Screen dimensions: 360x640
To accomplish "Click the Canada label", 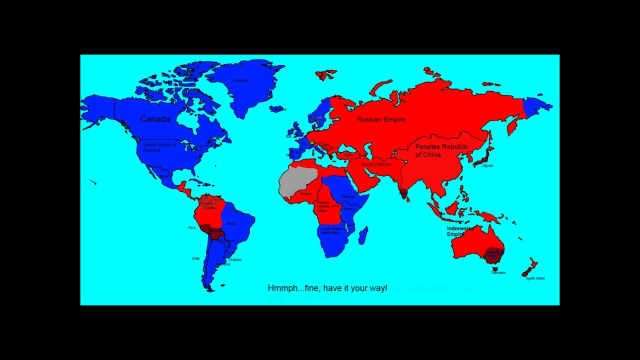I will coord(155,119).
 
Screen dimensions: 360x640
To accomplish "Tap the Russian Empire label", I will coord(381,119).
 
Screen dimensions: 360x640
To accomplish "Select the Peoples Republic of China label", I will coord(441,150).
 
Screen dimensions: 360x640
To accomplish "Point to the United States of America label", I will coord(159,147).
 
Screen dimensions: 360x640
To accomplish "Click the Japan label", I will coord(487,165).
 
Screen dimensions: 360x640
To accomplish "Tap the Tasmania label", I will coord(498,273).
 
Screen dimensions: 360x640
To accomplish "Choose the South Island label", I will coord(535,278).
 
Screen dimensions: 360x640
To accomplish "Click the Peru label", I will coord(192,227).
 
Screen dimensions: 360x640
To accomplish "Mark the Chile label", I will coord(195,258).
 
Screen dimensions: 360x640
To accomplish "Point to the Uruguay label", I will coord(235,259).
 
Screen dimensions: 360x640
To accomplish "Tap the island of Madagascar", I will coord(363,235).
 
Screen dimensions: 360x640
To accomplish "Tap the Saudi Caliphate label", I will coord(376,164).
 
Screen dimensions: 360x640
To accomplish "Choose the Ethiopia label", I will coord(348,196).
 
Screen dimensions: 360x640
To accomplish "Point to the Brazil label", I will coord(231,223).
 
